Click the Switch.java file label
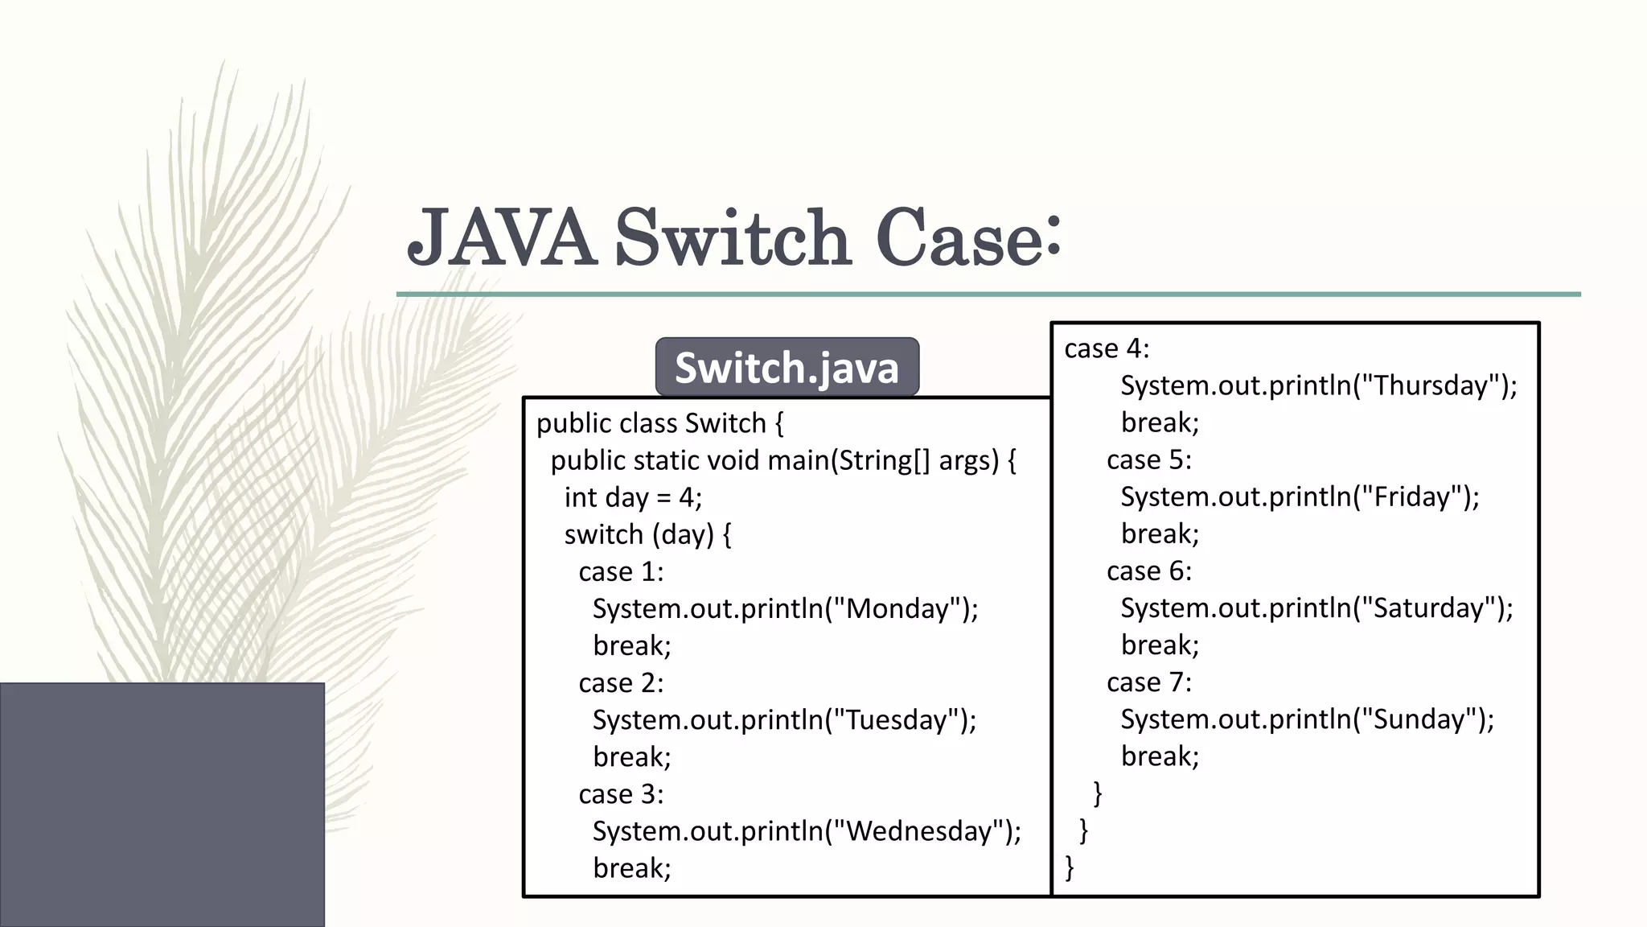tap(787, 367)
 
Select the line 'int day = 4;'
tap(633, 497)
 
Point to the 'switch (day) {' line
tap(647, 534)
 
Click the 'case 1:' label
tap(621, 571)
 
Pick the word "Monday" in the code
tap(898, 608)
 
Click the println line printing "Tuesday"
tap(784, 719)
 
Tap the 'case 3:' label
tap(621, 794)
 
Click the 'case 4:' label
tap(1107, 348)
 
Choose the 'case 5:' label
tap(1148, 459)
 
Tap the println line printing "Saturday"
tap(1316, 608)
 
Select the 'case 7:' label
tap(1148, 682)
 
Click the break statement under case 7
tap(1160, 756)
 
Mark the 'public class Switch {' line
tap(659, 423)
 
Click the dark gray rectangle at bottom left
tap(162, 804)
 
